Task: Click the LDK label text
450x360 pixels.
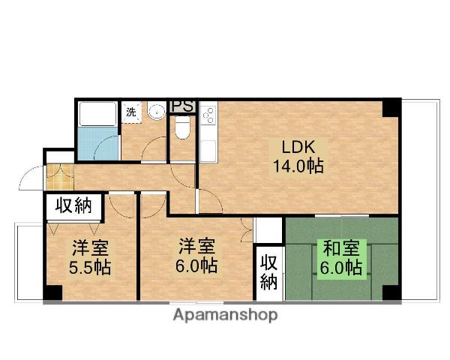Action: pos(298,146)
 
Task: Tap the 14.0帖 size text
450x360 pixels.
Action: pos(298,166)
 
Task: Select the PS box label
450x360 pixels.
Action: pos(183,106)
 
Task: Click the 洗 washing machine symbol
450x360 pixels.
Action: pos(131,112)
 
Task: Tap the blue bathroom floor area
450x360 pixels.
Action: pos(97,144)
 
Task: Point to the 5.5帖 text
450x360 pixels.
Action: pos(91,267)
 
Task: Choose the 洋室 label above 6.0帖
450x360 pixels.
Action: pos(197,246)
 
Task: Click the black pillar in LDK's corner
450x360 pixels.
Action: pos(389,107)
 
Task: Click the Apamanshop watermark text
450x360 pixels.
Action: pos(225,315)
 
